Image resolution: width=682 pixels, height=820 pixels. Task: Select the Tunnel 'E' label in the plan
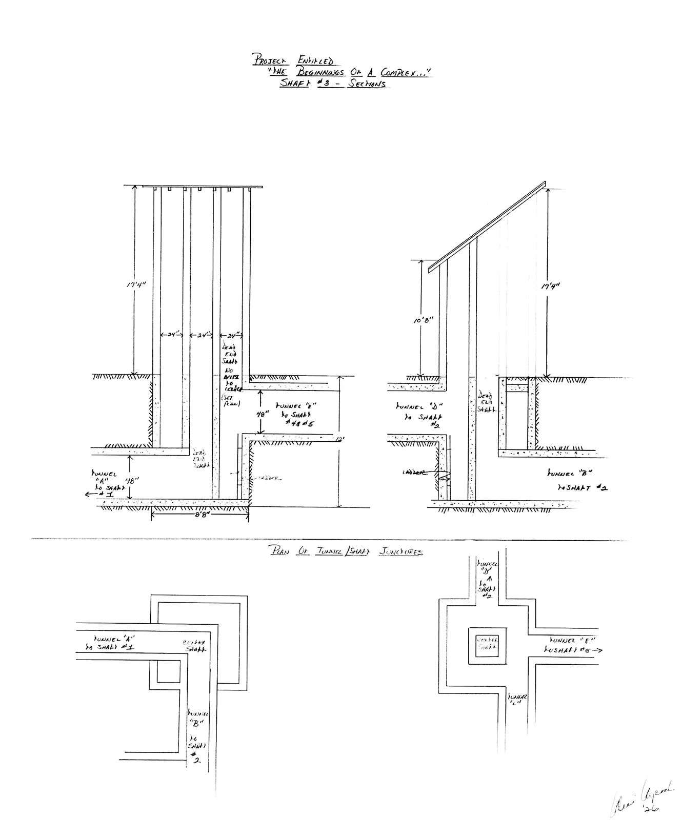[568, 640]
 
